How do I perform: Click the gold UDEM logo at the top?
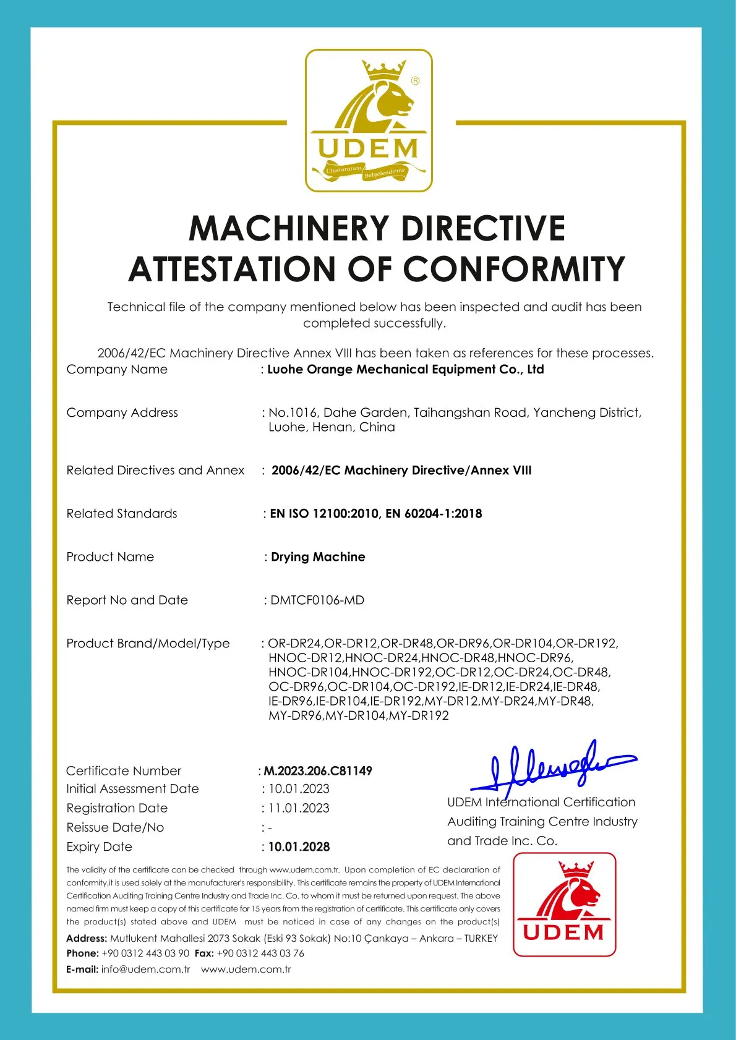[369, 121]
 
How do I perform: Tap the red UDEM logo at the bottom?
[564, 904]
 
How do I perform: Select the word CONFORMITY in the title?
[514, 270]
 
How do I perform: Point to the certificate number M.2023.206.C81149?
[318, 771]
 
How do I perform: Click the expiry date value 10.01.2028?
[299, 846]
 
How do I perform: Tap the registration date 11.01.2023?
[299, 808]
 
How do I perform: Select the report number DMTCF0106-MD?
[317, 600]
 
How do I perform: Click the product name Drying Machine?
[318, 557]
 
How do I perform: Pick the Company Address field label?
[122, 412]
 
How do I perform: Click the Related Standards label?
[122, 514]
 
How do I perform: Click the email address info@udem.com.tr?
[146, 969]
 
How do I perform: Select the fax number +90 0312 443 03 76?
[260, 953]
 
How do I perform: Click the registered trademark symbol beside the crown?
[415, 80]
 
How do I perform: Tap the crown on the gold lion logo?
[383, 70]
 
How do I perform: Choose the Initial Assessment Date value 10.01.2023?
[299, 789]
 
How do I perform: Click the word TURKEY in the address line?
[481, 939]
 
